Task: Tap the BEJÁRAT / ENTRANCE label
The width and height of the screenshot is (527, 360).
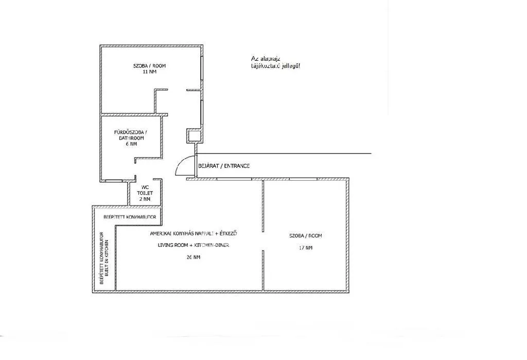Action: pyautogui.click(x=224, y=166)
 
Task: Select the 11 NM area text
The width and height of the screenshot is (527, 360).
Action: pyautogui.click(x=149, y=72)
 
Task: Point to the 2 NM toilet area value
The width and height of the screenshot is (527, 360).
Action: pyautogui.click(x=145, y=199)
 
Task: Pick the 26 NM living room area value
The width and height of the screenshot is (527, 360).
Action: pyautogui.click(x=194, y=257)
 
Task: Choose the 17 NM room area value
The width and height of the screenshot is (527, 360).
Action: pyautogui.click(x=305, y=248)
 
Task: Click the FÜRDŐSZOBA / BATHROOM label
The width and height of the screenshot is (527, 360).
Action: pyautogui.click(x=129, y=135)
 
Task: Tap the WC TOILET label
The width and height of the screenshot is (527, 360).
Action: pyautogui.click(x=145, y=190)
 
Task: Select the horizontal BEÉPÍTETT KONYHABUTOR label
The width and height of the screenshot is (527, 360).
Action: pyautogui.click(x=126, y=217)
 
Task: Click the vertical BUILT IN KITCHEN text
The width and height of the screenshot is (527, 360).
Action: pyautogui.click(x=107, y=258)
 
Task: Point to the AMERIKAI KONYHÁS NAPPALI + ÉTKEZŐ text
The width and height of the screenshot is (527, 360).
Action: pyautogui.click(x=194, y=233)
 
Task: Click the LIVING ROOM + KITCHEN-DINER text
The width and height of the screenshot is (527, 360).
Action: pyautogui.click(x=194, y=245)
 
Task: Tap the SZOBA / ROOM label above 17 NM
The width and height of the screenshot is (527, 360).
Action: pyautogui.click(x=305, y=236)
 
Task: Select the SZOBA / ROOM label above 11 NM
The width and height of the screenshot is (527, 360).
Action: pyautogui.click(x=149, y=65)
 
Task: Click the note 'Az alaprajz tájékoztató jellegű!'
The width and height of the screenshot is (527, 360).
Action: pyautogui.click(x=272, y=62)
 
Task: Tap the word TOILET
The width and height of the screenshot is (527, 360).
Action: pyautogui.click(x=145, y=193)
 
